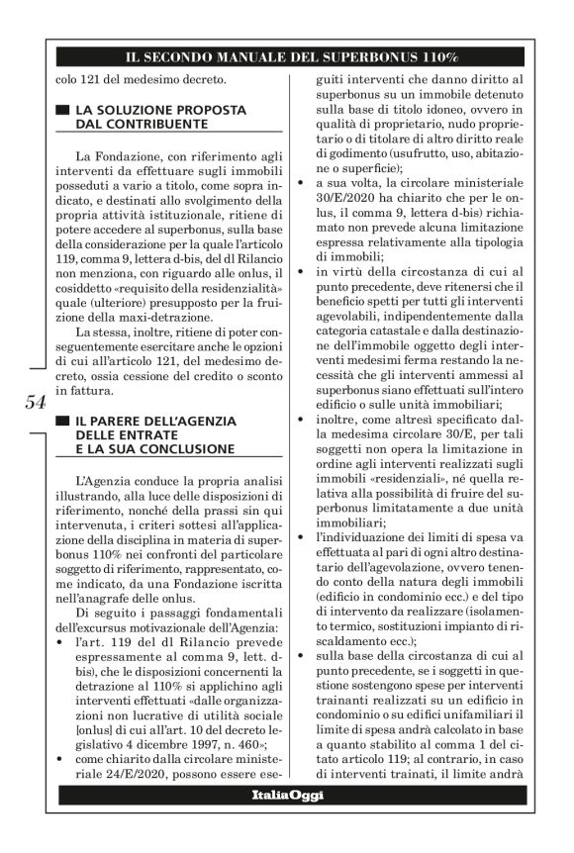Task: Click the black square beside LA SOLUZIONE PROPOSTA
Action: [64, 111]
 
